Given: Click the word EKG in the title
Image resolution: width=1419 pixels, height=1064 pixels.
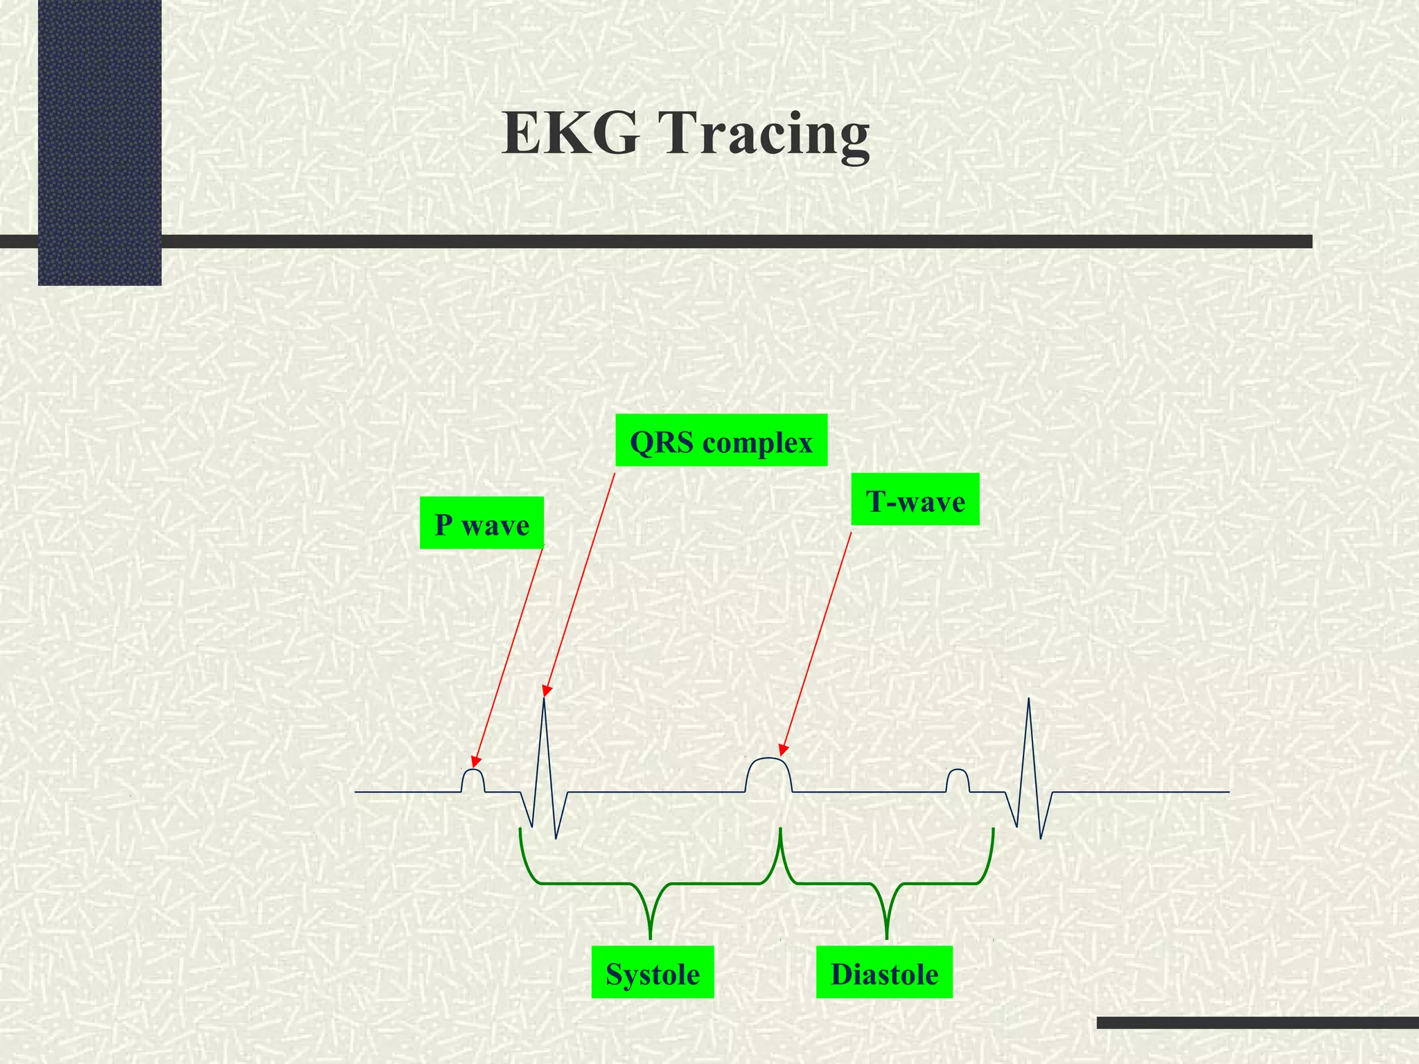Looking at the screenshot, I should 570,133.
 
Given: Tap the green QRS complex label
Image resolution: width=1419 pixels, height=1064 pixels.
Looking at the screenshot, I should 721,441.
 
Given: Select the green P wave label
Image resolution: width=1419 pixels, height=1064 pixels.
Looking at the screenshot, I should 482,524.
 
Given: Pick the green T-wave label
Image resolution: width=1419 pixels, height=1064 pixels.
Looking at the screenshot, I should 915,500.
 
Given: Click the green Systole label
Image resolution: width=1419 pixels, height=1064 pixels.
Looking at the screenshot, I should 653,973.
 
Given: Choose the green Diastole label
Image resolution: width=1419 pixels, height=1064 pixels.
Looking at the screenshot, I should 884,973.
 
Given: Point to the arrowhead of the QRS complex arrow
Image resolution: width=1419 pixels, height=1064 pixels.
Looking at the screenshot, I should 546,691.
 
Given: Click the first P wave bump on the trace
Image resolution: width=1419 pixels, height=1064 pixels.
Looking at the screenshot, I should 473,777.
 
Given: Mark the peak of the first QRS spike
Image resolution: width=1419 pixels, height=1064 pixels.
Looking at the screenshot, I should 545,698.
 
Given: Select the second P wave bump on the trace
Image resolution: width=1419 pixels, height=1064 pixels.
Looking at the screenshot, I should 958,777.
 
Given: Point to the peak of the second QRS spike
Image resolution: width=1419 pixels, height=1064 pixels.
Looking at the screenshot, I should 1029,700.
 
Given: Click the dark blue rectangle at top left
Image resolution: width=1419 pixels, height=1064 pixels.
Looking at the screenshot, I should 100,142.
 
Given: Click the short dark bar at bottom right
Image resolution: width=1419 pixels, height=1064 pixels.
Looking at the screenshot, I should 1258,1022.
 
